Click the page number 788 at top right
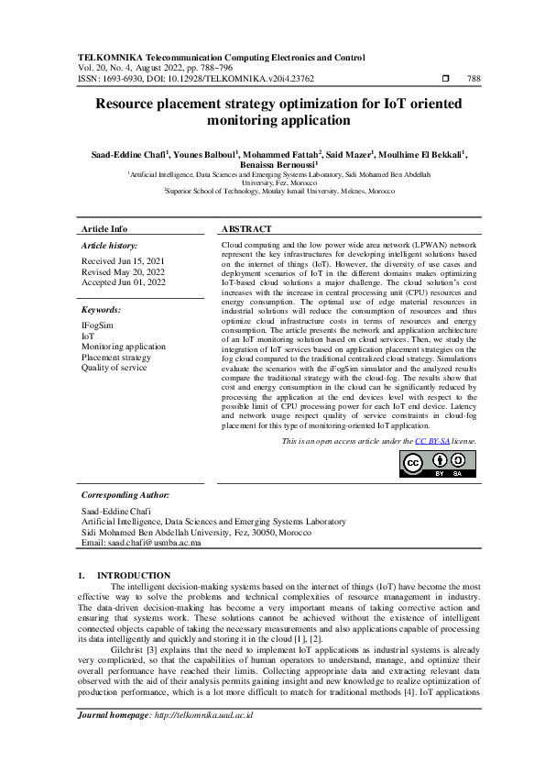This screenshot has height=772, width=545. [x=474, y=79]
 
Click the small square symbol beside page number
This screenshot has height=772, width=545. [x=445, y=79]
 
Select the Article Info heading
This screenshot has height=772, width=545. [x=104, y=229]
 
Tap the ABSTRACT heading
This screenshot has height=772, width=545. [x=246, y=229]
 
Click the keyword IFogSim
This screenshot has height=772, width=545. [x=98, y=325]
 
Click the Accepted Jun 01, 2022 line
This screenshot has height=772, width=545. [x=125, y=282]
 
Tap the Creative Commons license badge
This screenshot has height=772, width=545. [x=437, y=464]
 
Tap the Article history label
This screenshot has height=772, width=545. [x=110, y=246]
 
